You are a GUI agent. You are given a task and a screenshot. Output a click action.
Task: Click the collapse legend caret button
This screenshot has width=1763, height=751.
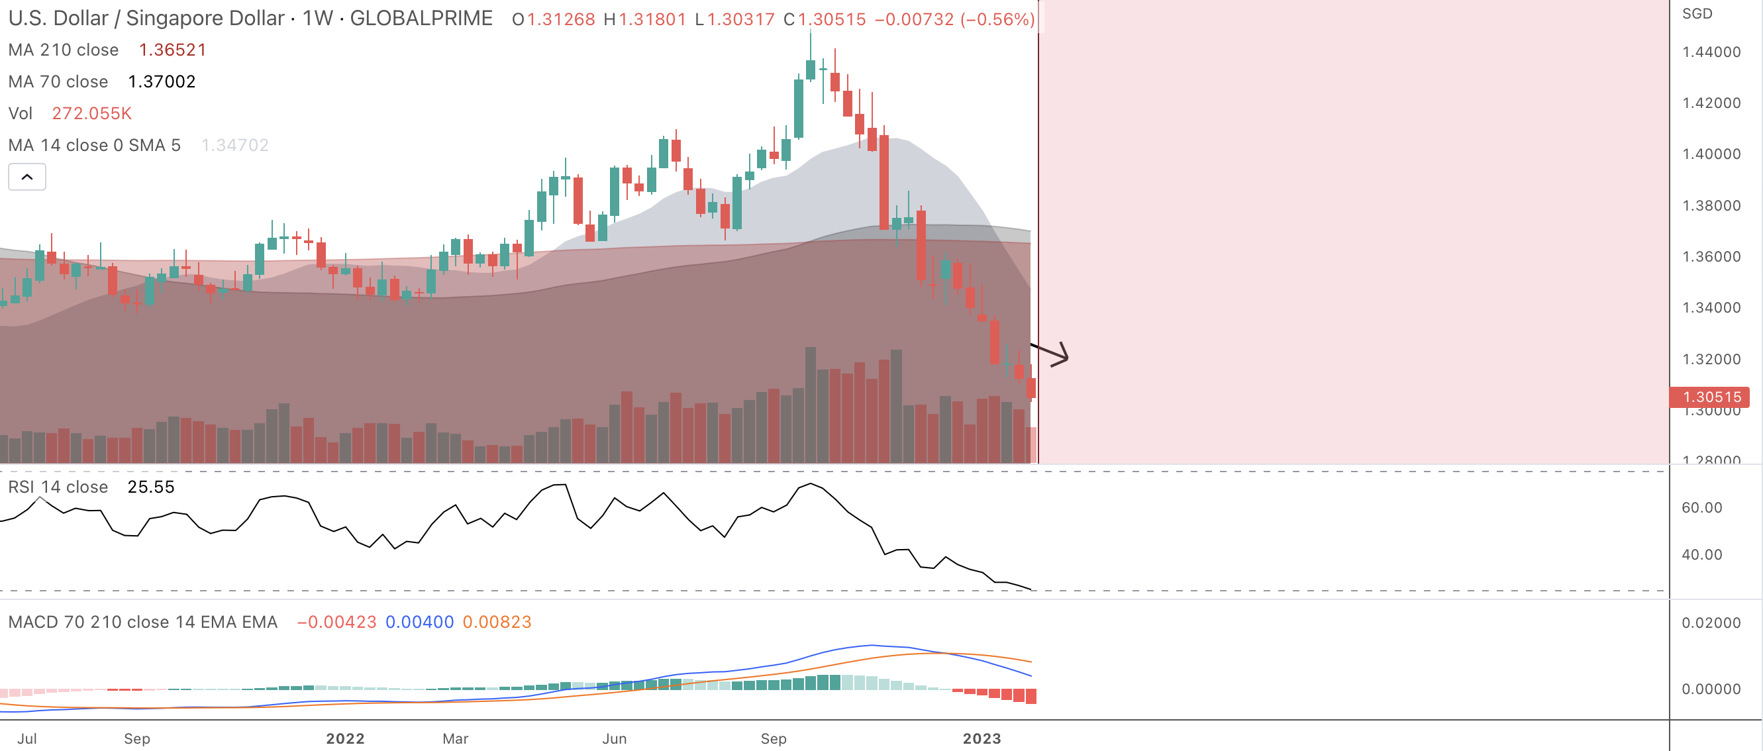(26, 177)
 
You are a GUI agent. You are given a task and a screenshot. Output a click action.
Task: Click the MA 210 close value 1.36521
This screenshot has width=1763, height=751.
(172, 50)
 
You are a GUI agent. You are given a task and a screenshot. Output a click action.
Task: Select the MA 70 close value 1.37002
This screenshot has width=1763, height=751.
(162, 81)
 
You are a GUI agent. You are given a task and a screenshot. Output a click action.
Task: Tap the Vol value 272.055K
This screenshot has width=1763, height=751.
(91, 113)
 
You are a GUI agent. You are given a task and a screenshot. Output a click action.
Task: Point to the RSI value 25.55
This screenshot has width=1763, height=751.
(150, 487)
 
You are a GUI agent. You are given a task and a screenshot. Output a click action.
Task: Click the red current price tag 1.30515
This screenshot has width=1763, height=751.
(1710, 397)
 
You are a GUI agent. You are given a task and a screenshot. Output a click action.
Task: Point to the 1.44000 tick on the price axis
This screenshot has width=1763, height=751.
(1711, 52)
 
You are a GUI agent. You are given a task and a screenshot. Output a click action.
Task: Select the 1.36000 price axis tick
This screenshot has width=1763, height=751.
(1711, 257)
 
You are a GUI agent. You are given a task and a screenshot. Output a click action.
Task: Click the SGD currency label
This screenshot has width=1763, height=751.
(1697, 14)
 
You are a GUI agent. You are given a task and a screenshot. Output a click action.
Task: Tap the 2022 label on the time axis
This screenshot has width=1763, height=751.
(345, 738)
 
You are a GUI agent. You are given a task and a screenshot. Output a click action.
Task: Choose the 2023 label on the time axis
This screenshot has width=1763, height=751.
(982, 738)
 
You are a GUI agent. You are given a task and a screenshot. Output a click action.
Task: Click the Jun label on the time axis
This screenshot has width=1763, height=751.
(614, 738)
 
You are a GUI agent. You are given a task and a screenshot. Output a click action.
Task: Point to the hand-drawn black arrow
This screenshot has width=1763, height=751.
(1051, 354)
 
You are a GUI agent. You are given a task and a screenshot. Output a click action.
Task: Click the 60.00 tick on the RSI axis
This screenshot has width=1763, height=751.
(1701, 507)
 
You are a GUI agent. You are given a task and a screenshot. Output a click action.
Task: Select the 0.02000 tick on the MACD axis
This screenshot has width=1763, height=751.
(1710, 623)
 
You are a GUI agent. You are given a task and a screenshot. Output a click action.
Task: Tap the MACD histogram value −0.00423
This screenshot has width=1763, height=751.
(336, 622)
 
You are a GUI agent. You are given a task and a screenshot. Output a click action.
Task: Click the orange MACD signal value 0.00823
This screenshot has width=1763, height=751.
(497, 622)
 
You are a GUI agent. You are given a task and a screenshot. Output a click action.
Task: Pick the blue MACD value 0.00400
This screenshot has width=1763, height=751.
(419, 622)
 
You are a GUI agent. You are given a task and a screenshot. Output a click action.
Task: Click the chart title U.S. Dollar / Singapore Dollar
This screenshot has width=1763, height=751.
(146, 19)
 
